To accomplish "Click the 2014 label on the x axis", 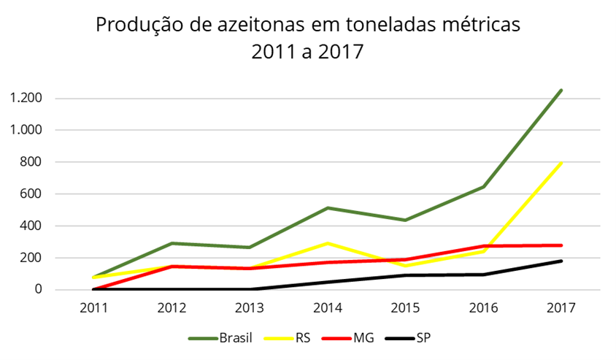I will click(x=327, y=308).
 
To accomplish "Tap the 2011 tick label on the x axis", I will click(x=94, y=308).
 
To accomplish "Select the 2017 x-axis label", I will click(x=561, y=308).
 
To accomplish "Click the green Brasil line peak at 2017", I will click(x=561, y=91).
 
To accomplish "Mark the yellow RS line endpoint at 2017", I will click(x=561, y=163).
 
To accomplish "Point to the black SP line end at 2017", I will click(x=561, y=261).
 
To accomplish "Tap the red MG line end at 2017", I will click(x=561, y=245).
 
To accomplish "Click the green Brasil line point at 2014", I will click(x=327, y=208).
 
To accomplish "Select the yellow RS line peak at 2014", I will click(x=327, y=243).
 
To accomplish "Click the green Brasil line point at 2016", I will click(x=483, y=187).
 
